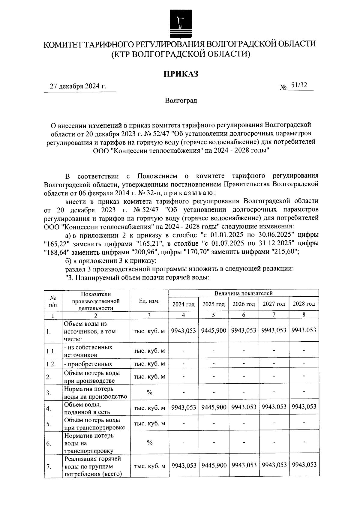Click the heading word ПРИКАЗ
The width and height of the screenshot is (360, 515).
(x=181, y=74)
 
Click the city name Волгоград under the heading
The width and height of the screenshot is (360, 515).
(x=181, y=100)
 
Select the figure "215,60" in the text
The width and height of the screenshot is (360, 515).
(x=284, y=252)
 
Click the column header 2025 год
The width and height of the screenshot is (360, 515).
(x=213, y=304)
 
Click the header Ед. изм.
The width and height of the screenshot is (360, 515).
(x=149, y=301)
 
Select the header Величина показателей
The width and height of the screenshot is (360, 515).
(x=243, y=293)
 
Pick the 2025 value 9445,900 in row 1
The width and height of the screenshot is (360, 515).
(x=213, y=331)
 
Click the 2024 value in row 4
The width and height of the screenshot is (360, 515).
(x=183, y=408)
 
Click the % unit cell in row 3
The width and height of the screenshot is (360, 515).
(x=149, y=392)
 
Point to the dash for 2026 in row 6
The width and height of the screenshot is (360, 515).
(x=244, y=442)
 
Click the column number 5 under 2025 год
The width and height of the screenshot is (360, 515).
(x=213, y=315)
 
